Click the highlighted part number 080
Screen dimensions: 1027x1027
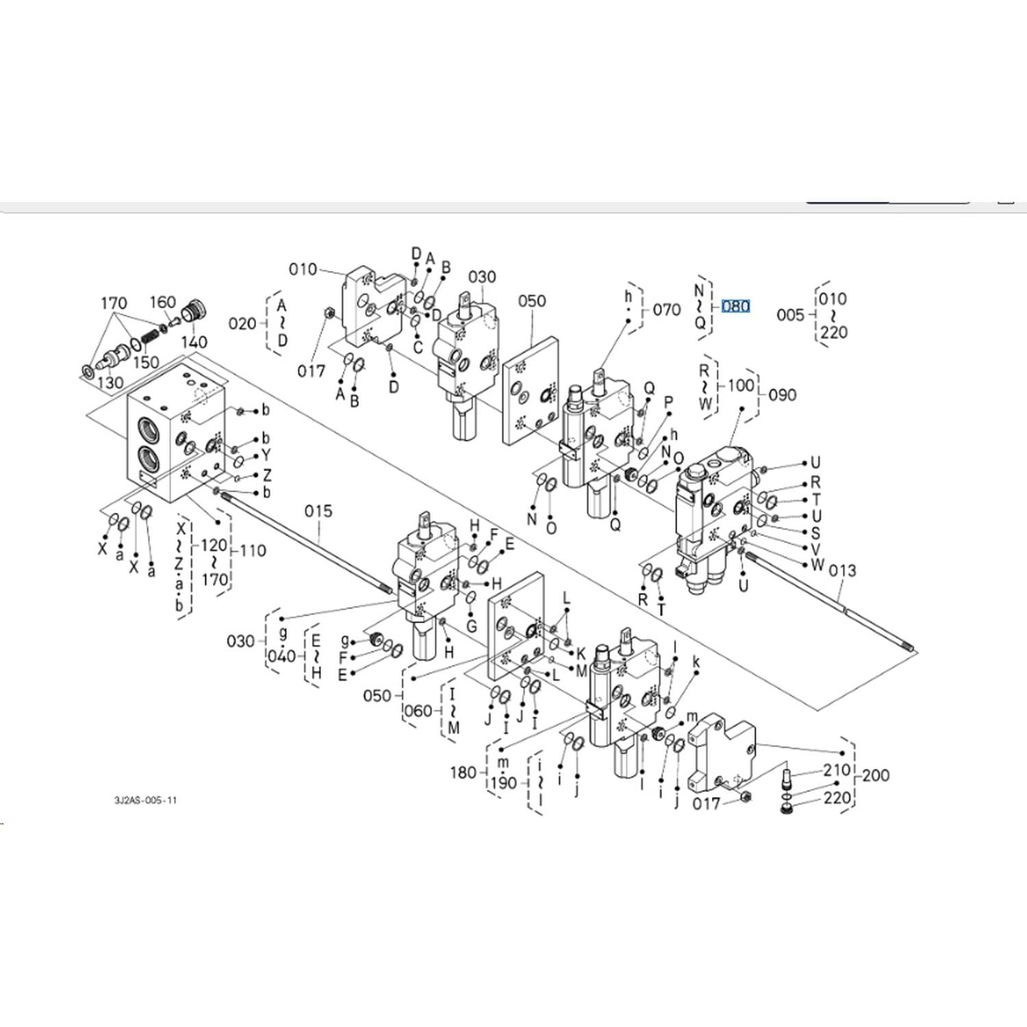click(x=735, y=306)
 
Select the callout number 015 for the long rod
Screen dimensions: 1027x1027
click(x=318, y=511)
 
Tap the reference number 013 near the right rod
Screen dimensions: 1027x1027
click(x=842, y=570)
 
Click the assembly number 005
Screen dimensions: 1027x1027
click(x=790, y=315)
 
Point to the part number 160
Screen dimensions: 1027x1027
click(x=163, y=302)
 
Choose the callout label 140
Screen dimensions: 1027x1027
click(x=194, y=342)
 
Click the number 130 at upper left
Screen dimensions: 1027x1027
click(x=110, y=383)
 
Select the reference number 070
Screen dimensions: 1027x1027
click(x=667, y=310)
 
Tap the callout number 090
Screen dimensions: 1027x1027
click(x=783, y=395)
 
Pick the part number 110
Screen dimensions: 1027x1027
click(x=253, y=550)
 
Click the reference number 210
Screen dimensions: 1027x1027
click(x=837, y=770)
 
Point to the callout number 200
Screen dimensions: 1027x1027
click(x=876, y=776)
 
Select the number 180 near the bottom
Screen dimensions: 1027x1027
click(x=464, y=772)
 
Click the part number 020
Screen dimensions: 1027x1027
click(x=242, y=323)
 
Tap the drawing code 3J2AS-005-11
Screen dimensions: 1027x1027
click(x=145, y=800)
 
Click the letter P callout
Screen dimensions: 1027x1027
click(x=669, y=403)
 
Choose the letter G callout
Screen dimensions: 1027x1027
click(x=472, y=626)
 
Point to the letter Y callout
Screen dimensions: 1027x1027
click(x=266, y=455)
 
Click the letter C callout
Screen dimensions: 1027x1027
click(x=418, y=347)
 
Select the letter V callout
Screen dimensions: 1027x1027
click(x=815, y=549)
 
